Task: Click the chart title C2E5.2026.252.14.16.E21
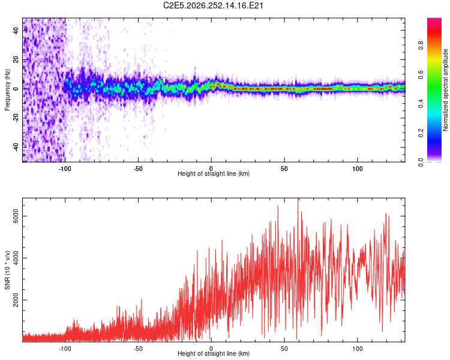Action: point(213,5)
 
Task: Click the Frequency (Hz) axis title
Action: point(7,90)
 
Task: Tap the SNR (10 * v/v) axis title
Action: point(7,270)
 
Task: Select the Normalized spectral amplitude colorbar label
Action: point(445,90)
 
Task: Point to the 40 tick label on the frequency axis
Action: point(16,30)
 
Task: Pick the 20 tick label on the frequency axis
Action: point(16,59)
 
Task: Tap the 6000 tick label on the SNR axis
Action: point(16,216)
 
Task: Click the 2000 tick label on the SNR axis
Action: point(16,300)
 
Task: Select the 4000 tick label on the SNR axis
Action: point(16,258)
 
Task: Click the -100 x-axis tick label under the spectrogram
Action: point(65,169)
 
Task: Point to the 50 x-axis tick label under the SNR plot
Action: point(284,349)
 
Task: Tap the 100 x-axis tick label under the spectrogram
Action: point(358,169)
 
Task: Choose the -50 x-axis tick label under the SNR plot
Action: point(138,349)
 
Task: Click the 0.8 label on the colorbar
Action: point(421,45)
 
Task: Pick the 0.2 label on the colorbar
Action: point(421,133)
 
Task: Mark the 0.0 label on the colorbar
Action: point(421,162)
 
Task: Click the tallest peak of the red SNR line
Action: point(298,199)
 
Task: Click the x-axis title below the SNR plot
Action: point(214,353)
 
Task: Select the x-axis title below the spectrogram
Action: point(214,173)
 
